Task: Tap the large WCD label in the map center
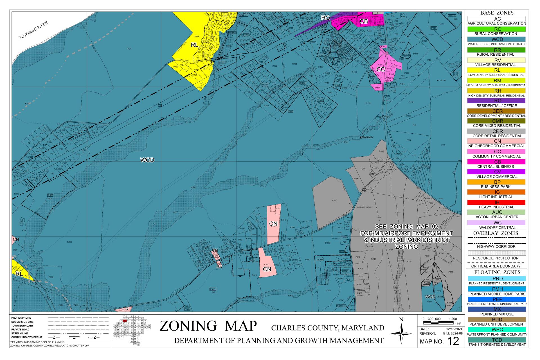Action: tap(147, 160)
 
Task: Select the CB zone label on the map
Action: tap(364, 21)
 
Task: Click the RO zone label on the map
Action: tap(325, 18)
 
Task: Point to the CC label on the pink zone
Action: tap(381, 69)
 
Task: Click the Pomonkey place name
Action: tap(366, 138)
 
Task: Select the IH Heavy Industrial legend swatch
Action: tap(496, 202)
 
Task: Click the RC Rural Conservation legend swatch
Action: tap(496, 29)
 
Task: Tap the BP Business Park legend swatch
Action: tap(496, 182)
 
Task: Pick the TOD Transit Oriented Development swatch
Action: tap(496, 340)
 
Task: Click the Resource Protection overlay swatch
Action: tap(496, 253)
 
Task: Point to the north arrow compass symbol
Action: tap(401, 333)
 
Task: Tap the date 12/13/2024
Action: tap(454, 329)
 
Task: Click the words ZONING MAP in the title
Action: tap(208, 326)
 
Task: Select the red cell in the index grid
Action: tap(125, 321)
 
